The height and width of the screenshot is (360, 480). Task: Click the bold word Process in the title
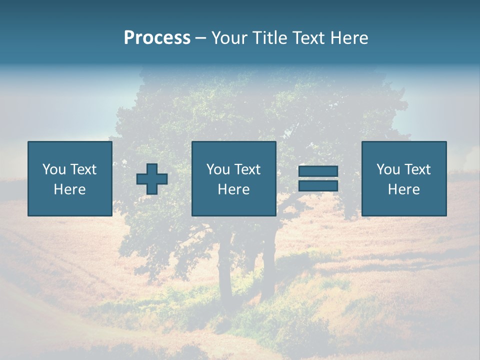(157, 38)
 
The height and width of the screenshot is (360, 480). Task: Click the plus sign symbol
(152, 179)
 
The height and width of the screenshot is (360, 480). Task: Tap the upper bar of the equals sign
(318, 171)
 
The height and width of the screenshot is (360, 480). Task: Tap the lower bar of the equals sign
(318, 186)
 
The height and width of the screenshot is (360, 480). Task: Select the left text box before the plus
(70, 178)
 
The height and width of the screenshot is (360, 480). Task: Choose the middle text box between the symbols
(234, 178)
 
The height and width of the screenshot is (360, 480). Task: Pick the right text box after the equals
(404, 178)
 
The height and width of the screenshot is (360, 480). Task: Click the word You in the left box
(54, 169)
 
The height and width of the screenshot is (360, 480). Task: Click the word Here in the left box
(70, 189)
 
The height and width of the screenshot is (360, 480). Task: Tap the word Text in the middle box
(247, 169)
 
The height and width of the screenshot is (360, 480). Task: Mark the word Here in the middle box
(234, 189)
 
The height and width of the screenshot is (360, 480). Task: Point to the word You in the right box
(388, 169)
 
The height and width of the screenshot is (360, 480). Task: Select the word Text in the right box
(417, 169)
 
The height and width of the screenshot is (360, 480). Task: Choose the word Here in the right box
(404, 189)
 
